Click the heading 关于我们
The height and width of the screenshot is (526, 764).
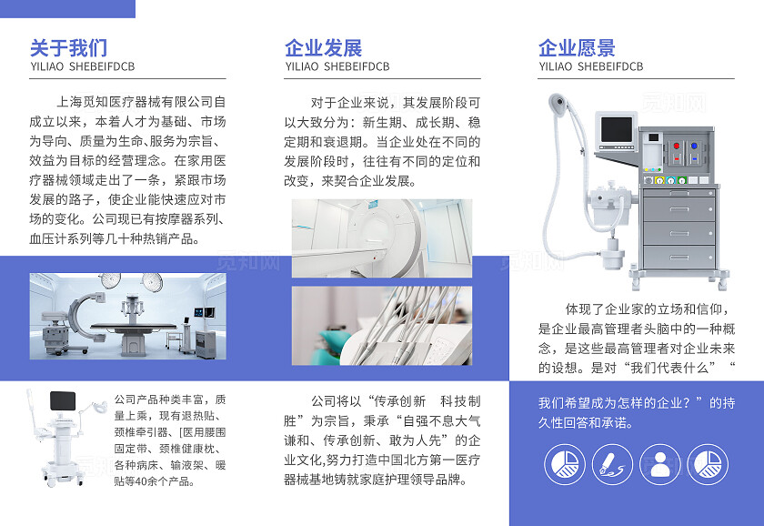[x=68, y=47]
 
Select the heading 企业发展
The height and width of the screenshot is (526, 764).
[x=323, y=47]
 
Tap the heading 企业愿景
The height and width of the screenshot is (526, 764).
[x=577, y=47]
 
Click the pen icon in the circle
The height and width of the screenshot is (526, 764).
[x=612, y=464]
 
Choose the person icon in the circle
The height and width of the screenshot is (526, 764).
[x=659, y=464]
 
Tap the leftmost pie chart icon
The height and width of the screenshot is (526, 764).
[x=565, y=464]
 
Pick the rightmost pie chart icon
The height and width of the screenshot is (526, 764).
[x=707, y=464]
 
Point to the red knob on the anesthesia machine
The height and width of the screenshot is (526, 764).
[x=676, y=146]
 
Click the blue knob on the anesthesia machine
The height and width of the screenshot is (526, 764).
[x=693, y=146]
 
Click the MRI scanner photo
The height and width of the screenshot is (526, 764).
[x=382, y=238]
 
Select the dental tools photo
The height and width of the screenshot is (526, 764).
[x=382, y=325]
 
